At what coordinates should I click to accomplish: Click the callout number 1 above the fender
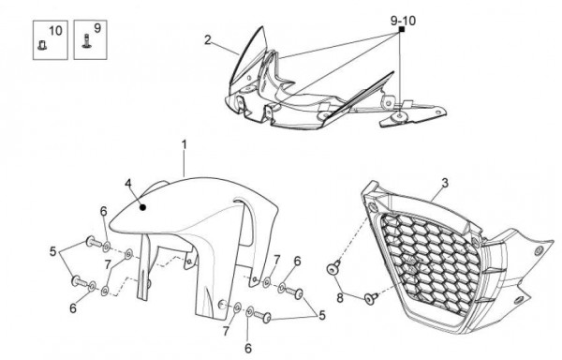click(184, 145)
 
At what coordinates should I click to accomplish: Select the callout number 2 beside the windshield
click(208, 39)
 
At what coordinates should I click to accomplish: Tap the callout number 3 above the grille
click(445, 183)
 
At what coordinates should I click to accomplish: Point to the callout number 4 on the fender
click(128, 183)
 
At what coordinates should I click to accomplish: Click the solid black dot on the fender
click(142, 207)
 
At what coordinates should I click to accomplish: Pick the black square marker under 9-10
click(402, 29)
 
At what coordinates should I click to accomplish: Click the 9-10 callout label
click(403, 21)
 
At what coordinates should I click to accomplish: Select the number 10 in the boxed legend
click(55, 31)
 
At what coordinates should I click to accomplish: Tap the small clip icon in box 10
click(41, 46)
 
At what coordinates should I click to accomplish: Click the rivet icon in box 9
click(86, 41)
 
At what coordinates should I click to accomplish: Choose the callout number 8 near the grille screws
click(340, 297)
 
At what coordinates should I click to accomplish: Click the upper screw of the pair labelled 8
click(333, 267)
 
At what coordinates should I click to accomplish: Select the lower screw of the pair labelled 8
click(371, 298)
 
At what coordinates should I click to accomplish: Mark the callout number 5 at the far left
click(53, 251)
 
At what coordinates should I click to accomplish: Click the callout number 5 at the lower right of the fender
click(322, 316)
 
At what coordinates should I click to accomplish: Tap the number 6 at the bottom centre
click(248, 348)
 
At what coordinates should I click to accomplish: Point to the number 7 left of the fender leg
click(108, 265)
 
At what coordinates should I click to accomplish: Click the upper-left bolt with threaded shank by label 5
click(95, 243)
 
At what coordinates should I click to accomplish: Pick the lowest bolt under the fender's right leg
click(262, 317)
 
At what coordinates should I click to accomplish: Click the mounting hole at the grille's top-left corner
click(373, 207)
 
